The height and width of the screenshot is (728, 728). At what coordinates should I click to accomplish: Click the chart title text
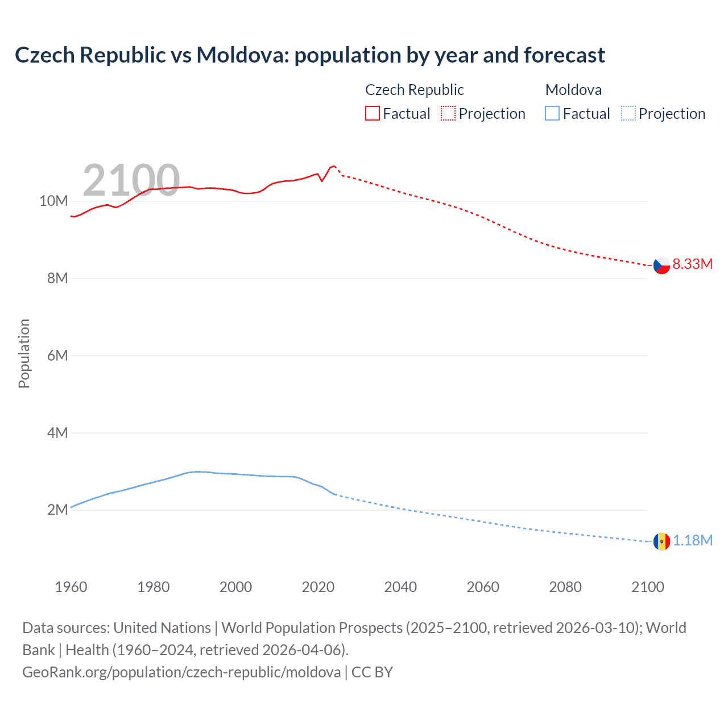pyautogui.click(x=309, y=55)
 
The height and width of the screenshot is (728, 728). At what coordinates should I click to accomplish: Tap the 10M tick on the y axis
pyautogui.click(x=53, y=201)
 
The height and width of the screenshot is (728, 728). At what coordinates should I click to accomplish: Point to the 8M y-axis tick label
pyautogui.click(x=57, y=278)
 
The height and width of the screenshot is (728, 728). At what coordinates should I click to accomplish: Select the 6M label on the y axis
pyautogui.click(x=57, y=355)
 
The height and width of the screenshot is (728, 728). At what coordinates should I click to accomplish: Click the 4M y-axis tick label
pyautogui.click(x=57, y=433)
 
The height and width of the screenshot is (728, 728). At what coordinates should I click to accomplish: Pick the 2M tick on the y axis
pyautogui.click(x=57, y=510)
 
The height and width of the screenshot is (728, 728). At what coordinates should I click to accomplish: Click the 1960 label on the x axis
pyautogui.click(x=71, y=587)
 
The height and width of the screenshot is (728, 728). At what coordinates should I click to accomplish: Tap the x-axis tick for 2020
pyautogui.click(x=318, y=587)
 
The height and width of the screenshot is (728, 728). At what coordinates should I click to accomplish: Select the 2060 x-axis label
pyautogui.click(x=483, y=587)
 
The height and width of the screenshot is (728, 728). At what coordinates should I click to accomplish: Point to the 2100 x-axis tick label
pyautogui.click(x=647, y=587)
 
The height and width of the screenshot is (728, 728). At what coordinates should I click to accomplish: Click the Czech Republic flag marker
pyautogui.click(x=661, y=265)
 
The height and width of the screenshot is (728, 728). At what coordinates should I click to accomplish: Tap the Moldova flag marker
pyautogui.click(x=661, y=541)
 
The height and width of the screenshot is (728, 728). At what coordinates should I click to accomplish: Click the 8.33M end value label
pyautogui.click(x=692, y=264)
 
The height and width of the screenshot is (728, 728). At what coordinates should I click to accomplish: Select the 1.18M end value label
pyautogui.click(x=692, y=540)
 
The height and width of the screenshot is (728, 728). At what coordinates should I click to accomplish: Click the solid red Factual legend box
pyautogui.click(x=372, y=114)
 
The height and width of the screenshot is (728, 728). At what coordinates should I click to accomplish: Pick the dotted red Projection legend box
pyautogui.click(x=448, y=114)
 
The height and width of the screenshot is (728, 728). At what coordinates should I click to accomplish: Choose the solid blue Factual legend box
pyautogui.click(x=552, y=114)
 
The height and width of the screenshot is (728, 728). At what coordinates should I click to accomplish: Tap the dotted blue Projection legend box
pyautogui.click(x=628, y=114)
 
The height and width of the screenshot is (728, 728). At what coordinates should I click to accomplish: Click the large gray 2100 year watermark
pyautogui.click(x=131, y=180)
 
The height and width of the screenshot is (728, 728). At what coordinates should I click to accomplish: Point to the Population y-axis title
pyautogui.click(x=24, y=353)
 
